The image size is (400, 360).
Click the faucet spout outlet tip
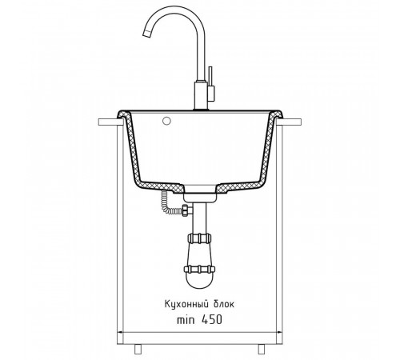(x=147, y=34)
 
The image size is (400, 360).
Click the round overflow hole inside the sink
(x=166, y=121)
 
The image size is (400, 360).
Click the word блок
(x=223, y=304)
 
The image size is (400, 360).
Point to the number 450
(x=211, y=319)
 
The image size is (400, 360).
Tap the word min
(x=186, y=320)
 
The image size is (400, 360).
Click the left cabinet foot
(x=138, y=349)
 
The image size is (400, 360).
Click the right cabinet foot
(x=262, y=349)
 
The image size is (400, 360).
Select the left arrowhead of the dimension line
(x=120, y=332)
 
